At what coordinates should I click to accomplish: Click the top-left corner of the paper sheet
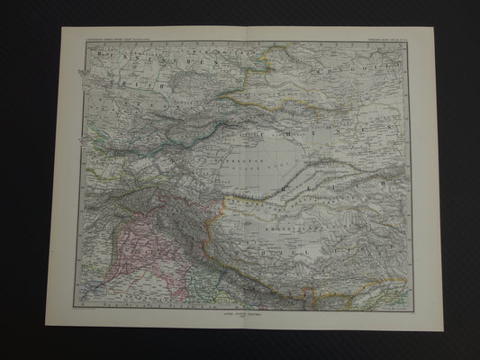point(60,27)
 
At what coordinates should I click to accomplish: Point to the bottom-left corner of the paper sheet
point(45,325)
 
